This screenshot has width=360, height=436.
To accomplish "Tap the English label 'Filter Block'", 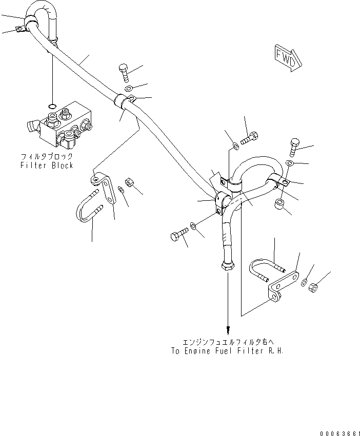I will [47, 165].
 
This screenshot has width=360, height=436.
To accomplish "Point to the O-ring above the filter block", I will [52, 106].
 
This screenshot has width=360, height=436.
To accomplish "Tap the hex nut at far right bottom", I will [314, 290].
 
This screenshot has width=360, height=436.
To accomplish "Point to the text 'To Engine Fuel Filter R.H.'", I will [227, 351].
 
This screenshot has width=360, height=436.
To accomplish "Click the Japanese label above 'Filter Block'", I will [47, 156].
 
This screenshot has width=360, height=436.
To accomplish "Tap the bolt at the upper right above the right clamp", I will [294, 147].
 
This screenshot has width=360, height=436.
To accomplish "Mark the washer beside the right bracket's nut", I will [304, 283].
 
